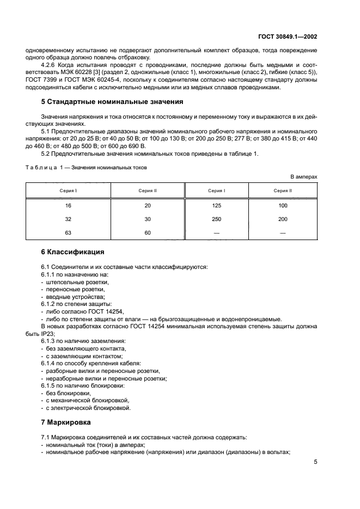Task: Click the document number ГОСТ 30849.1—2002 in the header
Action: (x=288, y=38)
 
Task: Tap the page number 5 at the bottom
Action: (x=315, y=462)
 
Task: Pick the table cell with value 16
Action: (x=68, y=205)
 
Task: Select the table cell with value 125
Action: (x=216, y=205)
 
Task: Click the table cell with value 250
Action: (x=216, y=218)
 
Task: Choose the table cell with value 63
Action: (x=68, y=232)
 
